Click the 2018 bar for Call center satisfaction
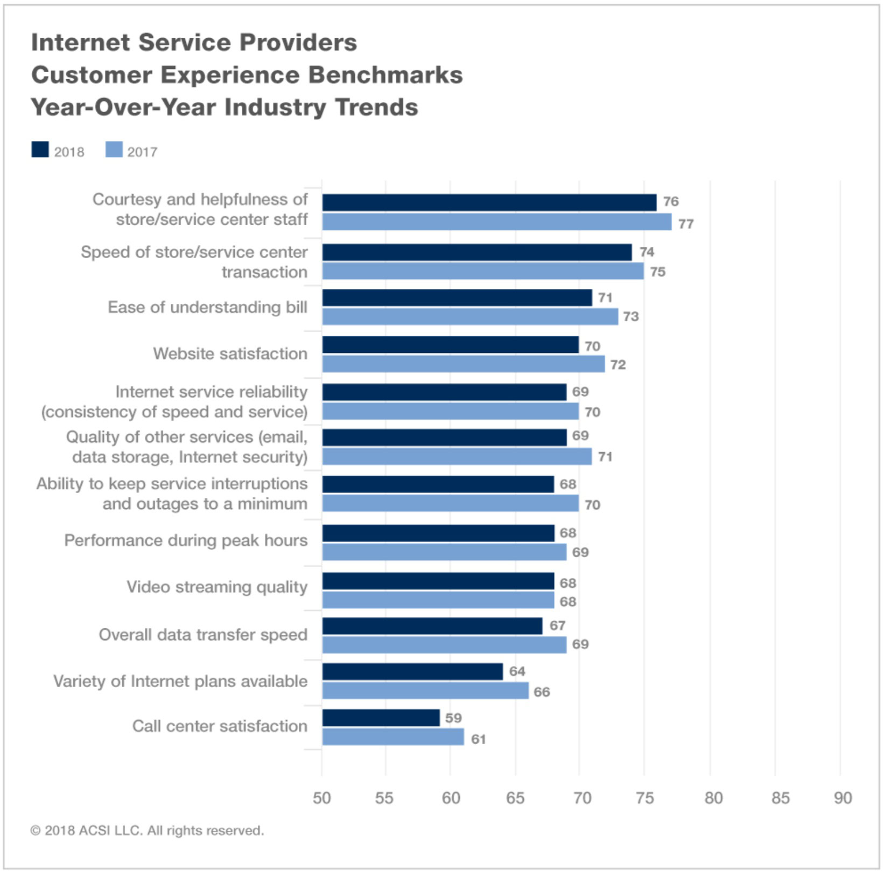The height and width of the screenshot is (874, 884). tap(381, 718)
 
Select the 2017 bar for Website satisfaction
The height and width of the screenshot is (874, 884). tap(463, 364)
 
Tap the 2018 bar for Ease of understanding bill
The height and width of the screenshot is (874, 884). tap(457, 297)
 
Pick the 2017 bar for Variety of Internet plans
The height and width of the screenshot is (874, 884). tap(425, 691)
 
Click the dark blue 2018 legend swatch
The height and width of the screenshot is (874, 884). tap(40, 150)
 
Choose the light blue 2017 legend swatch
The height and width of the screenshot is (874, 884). tap(114, 150)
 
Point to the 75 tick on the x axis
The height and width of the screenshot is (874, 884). tap(644, 798)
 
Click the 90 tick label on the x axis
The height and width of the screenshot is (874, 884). tap(843, 798)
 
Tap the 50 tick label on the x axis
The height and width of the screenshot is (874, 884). tap(322, 798)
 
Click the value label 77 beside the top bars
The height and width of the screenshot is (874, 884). tap(685, 224)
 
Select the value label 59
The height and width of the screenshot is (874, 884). tap(453, 718)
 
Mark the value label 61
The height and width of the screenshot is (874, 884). tap(478, 739)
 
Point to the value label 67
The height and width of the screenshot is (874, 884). tap(557, 626)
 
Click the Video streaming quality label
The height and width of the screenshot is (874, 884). tap(217, 587)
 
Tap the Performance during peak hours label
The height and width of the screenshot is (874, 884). tap(186, 540)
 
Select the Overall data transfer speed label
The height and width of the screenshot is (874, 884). tap(203, 635)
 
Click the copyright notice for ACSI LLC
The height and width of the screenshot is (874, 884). tap(147, 830)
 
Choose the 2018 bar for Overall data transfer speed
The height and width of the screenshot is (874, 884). tap(432, 626)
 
